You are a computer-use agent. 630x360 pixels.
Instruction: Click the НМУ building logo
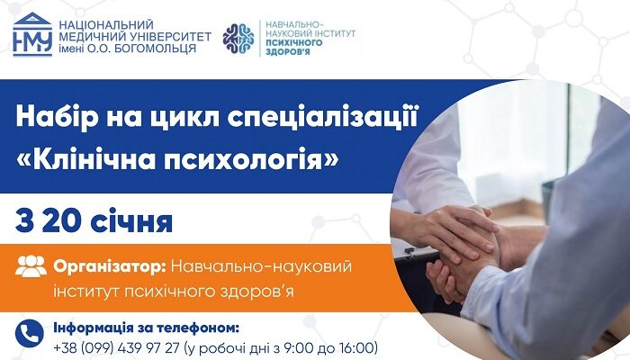click(x=31, y=35)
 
